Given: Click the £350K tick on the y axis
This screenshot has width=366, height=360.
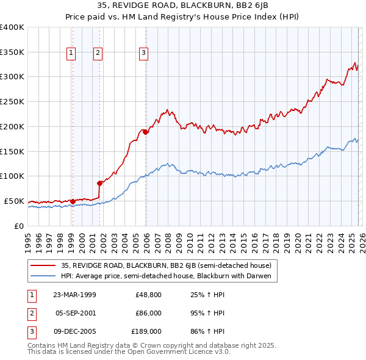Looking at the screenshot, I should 12,52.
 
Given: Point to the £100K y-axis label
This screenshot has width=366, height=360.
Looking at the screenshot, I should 12,176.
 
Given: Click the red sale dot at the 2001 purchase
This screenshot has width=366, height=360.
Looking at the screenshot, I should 99,182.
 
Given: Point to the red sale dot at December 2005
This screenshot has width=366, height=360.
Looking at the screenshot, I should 146,131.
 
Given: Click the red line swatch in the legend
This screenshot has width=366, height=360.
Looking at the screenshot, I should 44,265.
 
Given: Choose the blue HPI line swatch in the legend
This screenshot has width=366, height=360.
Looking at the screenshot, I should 44,276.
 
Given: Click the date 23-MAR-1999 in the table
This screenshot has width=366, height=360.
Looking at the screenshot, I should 75,295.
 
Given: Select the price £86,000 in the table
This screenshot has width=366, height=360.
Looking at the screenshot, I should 148,313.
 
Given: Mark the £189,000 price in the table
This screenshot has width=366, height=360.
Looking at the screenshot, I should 146,331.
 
